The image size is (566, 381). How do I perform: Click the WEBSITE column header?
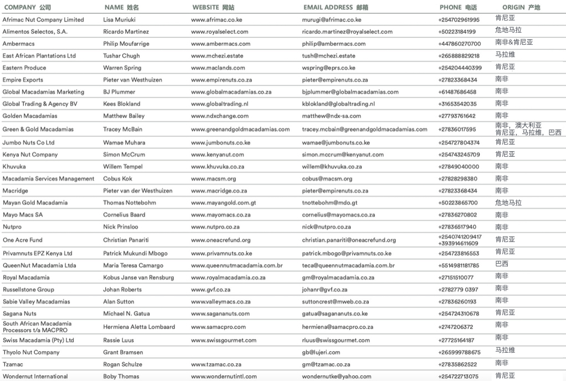[x=213, y=8]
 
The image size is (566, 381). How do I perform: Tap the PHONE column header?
[x=458, y=8]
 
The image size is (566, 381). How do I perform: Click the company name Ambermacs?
[x=18, y=44]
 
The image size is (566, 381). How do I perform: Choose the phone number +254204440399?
[x=460, y=68]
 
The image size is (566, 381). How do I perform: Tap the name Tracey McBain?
[x=122, y=130]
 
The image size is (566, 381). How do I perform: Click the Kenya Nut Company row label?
[x=30, y=155]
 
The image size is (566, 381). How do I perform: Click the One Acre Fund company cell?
[x=22, y=240]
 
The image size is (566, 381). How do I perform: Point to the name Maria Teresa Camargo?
[x=133, y=266]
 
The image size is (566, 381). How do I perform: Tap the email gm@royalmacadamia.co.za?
[x=338, y=278]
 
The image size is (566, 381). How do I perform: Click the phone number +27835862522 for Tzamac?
[x=457, y=364]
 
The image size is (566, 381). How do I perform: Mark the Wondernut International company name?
[x=35, y=377]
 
